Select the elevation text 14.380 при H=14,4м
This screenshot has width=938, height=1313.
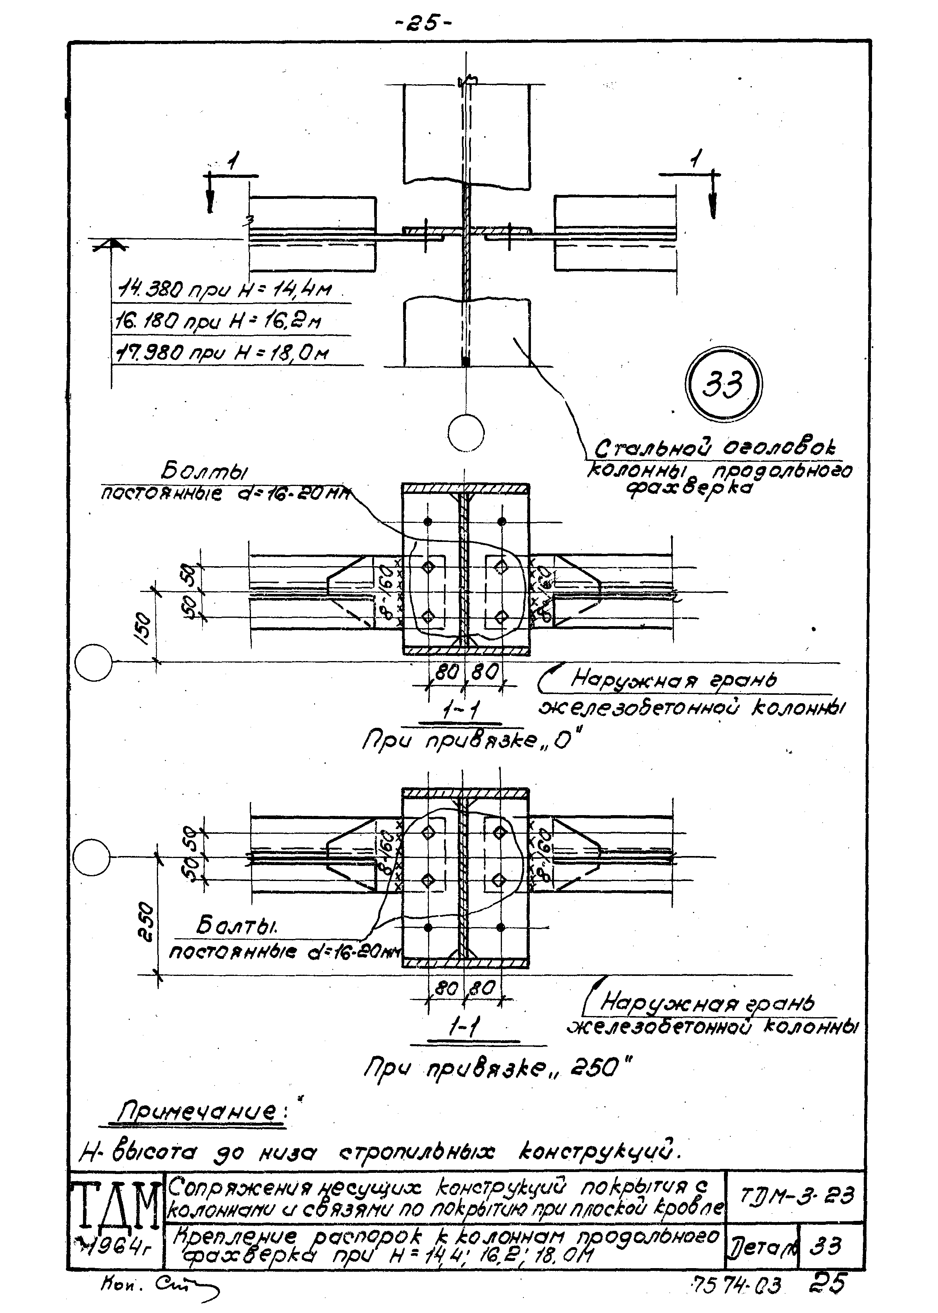(225, 289)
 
